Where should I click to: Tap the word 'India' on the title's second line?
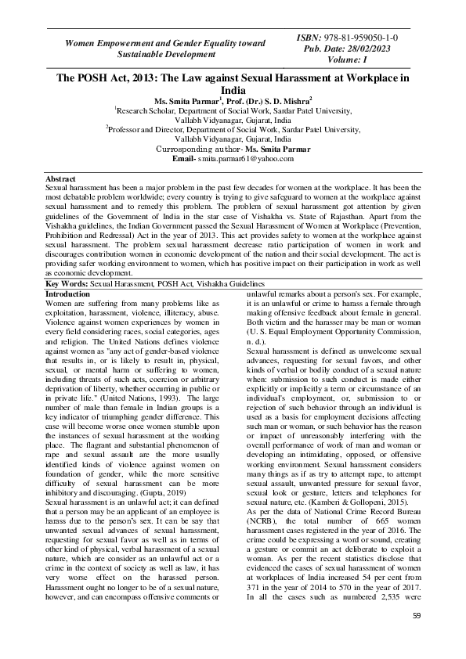click(233, 91)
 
